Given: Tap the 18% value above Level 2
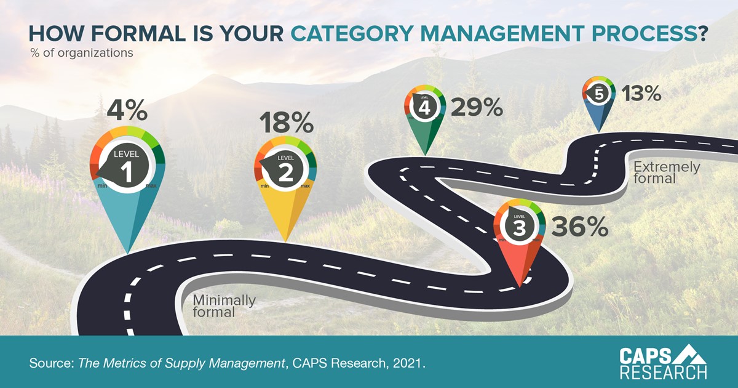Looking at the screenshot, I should tap(286, 123).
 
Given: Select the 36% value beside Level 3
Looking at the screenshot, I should tap(579, 228).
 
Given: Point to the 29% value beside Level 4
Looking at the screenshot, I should tap(477, 108).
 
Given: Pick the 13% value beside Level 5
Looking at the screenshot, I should tap(641, 94).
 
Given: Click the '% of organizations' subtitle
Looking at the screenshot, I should tap(82, 53).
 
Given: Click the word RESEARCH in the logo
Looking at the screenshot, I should tap(663, 372).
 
